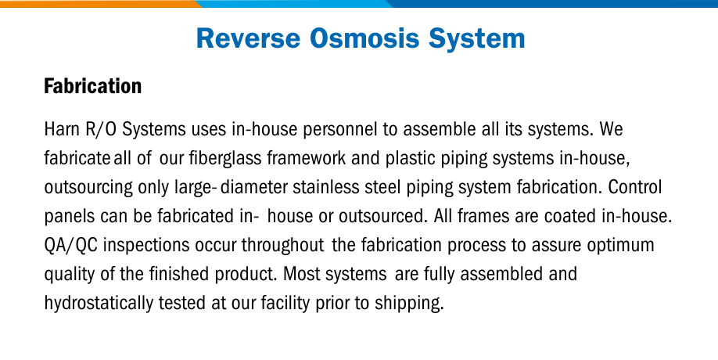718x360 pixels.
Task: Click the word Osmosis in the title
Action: tap(364, 38)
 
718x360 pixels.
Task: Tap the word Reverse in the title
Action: tap(248, 38)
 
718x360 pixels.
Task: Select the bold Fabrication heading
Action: tap(92, 86)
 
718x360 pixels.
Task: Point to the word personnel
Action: tap(340, 130)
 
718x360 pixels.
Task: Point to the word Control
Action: tap(634, 187)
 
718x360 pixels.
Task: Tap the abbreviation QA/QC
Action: tap(70, 246)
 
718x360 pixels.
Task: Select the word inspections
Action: tap(146, 246)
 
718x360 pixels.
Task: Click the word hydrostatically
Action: tap(99, 303)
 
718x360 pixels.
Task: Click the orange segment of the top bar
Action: tap(99, 4)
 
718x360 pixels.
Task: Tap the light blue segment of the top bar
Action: tap(294, 4)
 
